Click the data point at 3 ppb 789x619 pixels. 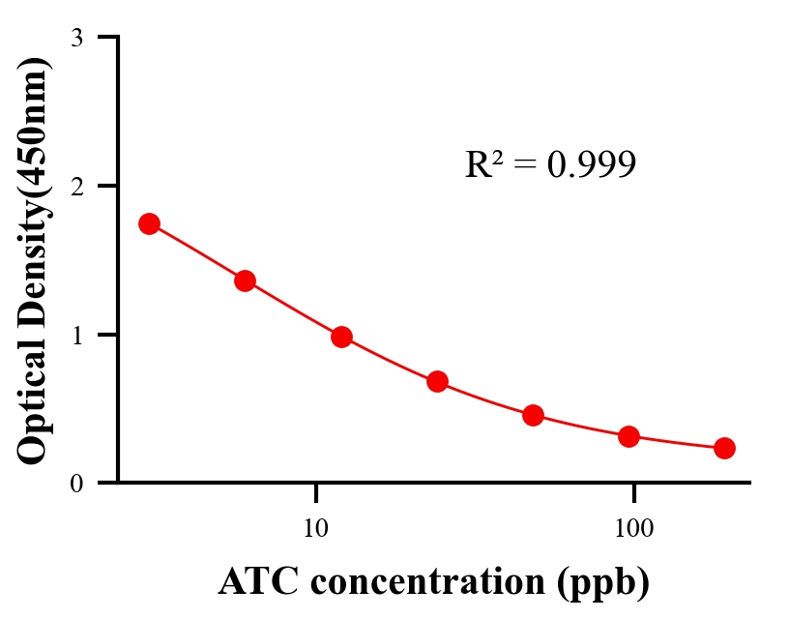(149, 223)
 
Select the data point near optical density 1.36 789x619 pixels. (245, 280)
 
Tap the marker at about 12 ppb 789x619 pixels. (341, 337)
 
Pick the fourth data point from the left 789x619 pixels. (437, 381)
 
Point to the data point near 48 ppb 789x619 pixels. (533, 416)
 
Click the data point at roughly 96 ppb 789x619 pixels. (628, 436)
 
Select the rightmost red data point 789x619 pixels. (724, 448)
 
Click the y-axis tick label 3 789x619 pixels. (76, 38)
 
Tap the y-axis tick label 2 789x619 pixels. (76, 186)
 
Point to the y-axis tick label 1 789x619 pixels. (76, 335)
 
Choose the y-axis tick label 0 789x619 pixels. (76, 484)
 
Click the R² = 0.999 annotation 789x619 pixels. (549, 164)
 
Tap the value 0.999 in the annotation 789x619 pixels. (591, 165)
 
